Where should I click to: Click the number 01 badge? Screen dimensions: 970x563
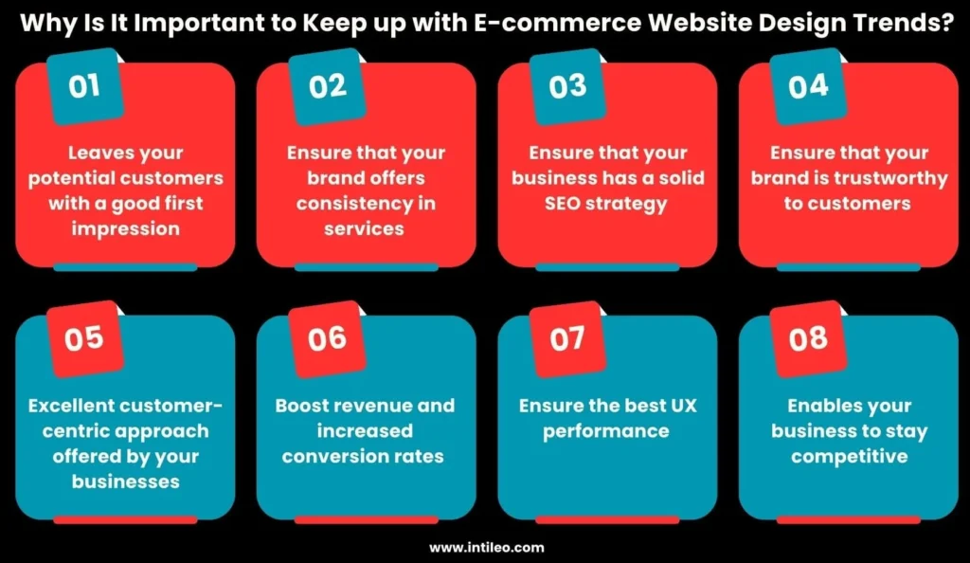click(x=84, y=86)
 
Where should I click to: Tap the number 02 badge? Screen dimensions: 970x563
click(x=327, y=86)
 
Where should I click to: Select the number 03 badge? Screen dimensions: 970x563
click(x=567, y=86)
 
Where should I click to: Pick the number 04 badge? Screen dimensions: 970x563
click(x=808, y=86)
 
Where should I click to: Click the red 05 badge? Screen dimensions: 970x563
click(x=84, y=338)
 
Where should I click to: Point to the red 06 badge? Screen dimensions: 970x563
click(x=327, y=338)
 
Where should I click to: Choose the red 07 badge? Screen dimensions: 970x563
click(x=567, y=338)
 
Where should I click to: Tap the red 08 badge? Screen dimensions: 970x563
click(x=808, y=338)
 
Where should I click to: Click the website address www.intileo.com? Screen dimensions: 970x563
click(x=487, y=548)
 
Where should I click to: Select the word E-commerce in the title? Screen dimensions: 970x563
click(x=557, y=23)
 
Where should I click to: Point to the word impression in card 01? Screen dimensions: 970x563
click(x=126, y=229)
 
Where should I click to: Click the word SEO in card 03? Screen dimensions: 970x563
click(x=563, y=203)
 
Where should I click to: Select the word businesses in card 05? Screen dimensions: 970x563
click(x=126, y=481)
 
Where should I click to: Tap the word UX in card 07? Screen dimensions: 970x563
click(x=683, y=406)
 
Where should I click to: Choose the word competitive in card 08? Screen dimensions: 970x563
click(x=850, y=457)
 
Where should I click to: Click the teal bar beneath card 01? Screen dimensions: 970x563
click(x=125, y=267)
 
